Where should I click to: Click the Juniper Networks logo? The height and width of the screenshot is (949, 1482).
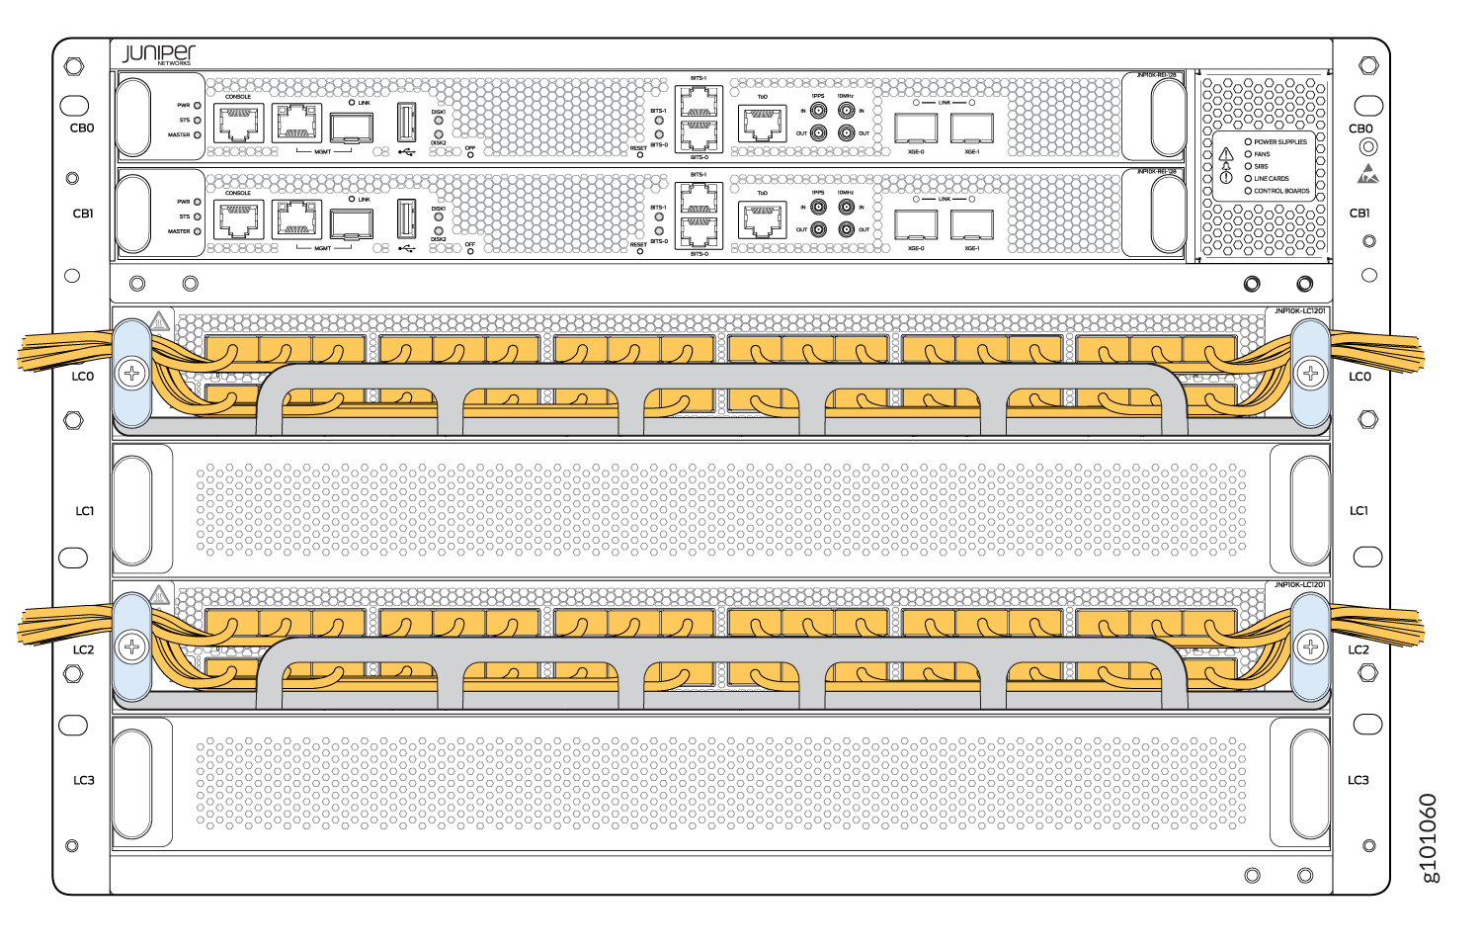point(158,53)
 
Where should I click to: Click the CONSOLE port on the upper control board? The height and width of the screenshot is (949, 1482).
point(238,123)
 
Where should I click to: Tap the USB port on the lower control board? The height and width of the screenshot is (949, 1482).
point(406,216)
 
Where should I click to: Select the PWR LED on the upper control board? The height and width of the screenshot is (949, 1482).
point(198,105)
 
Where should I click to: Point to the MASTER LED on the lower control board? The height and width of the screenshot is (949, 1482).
point(198,231)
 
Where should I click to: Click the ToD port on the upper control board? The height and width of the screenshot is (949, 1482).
point(762,124)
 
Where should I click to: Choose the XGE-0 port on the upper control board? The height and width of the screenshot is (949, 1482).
point(916,128)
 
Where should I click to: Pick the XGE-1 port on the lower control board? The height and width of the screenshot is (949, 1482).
point(972,224)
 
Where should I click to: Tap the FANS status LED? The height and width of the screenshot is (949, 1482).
point(1248,154)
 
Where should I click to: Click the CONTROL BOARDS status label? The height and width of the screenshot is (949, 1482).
point(1281,191)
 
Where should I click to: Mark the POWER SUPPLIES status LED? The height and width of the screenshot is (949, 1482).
point(1248,142)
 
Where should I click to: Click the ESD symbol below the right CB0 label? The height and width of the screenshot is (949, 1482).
point(1368,174)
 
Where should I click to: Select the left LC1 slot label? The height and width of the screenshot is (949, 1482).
point(85,511)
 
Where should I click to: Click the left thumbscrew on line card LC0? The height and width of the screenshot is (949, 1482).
point(131,373)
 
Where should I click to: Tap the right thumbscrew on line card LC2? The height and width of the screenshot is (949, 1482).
point(1310,647)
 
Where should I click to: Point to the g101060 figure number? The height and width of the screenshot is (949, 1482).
point(1429,837)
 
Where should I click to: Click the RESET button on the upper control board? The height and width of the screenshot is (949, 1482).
point(640,155)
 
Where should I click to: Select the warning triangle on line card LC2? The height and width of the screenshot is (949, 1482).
point(158,595)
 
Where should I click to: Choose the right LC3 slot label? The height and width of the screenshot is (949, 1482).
point(1358,780)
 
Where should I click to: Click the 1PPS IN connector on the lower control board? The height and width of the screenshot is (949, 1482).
point(818,208)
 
